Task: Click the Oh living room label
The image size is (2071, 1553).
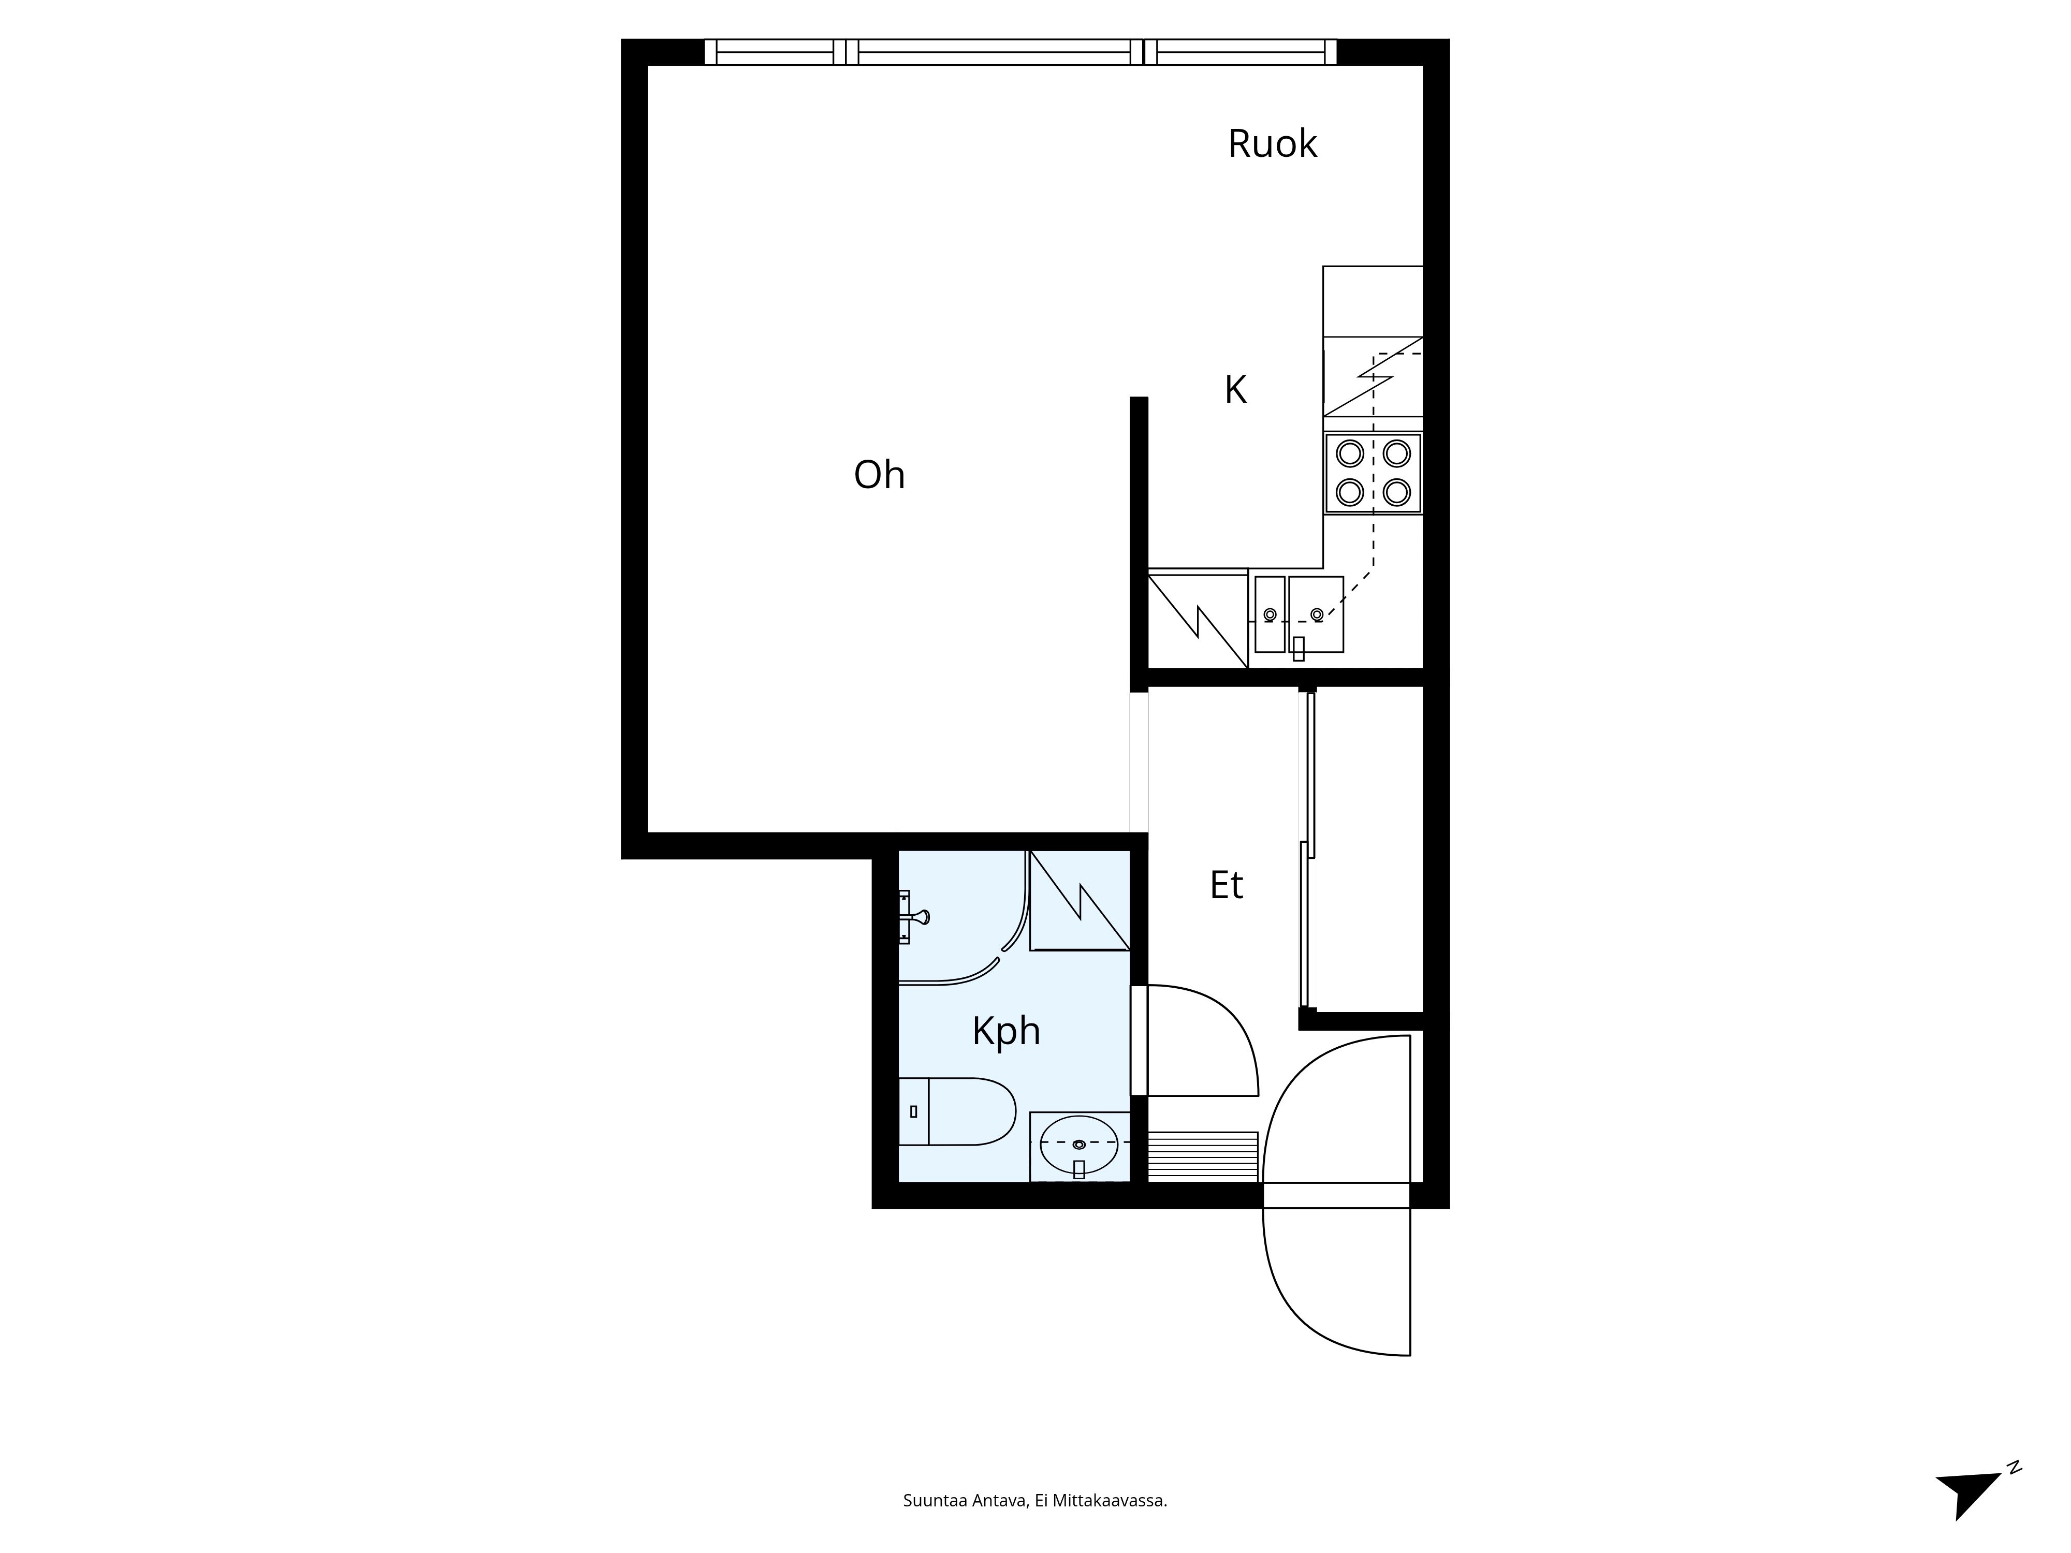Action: (879, 475)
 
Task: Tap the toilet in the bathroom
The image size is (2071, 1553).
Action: (957, 1111)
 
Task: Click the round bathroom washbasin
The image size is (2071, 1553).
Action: (1078, 1144)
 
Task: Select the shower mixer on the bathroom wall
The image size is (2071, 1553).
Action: (911, 917)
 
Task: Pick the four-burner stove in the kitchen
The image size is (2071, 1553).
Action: (1373, 473)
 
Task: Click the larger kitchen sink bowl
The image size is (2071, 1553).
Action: (1316, 614)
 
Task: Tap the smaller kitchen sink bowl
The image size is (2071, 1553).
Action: (1270, 614)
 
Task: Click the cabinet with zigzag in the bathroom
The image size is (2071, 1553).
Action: (1080, 901)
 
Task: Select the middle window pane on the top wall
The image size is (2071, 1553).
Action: (994, 52)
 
